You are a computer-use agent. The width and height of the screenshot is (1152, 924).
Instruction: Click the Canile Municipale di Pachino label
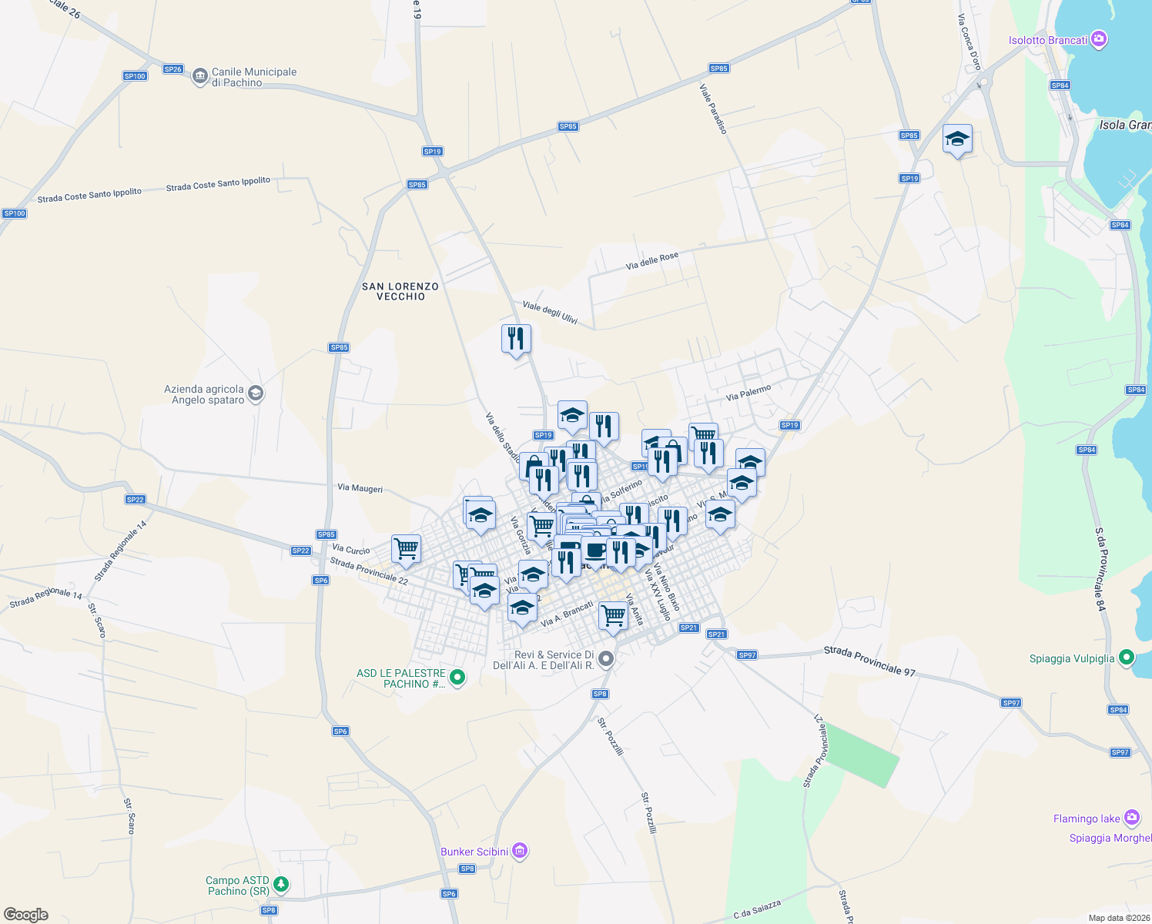point(253,77)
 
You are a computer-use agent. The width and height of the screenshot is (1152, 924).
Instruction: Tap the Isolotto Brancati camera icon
point(1100,39)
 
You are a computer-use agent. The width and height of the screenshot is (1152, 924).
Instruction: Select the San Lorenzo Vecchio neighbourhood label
point(400,291)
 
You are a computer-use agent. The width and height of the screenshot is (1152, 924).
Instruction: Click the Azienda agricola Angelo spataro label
point(204,394)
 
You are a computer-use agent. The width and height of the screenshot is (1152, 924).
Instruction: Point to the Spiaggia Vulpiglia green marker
point(1127,658)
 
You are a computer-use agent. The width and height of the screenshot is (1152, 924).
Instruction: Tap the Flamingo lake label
point(1087,819)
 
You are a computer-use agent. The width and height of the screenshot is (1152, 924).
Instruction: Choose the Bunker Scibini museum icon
point(520,851)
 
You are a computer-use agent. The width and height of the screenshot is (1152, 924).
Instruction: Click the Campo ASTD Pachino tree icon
point(281,884)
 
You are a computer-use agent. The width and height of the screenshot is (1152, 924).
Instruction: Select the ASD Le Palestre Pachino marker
point(457,678)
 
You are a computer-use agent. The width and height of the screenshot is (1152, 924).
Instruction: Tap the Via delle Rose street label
point(652,260)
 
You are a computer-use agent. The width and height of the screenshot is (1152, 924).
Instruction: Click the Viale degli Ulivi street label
point(550,312)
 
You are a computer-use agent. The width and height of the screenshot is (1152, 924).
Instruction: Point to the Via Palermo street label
point(748,393)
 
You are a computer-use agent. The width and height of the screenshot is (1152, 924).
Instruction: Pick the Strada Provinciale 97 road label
point(869,661)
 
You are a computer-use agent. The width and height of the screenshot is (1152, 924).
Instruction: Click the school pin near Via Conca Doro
point(957,139)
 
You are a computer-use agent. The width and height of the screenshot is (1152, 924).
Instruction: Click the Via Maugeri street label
point(360,488)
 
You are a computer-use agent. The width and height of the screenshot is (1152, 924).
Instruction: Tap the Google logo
point(26,914)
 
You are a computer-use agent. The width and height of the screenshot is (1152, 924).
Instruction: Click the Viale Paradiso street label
point(713,109)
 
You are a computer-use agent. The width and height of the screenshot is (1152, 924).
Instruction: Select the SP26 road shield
point(172,69)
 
